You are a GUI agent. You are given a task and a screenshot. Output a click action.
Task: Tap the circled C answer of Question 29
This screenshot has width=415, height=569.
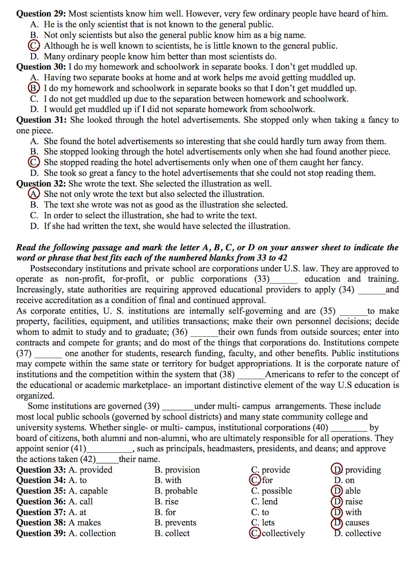coord(34,46)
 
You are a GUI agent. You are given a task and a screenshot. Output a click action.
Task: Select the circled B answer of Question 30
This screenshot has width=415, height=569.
coord(34,88)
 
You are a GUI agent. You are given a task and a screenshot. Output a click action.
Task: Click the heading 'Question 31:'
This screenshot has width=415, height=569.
coord(41,120)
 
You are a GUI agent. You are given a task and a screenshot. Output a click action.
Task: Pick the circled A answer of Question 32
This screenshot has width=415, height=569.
coord(34,194)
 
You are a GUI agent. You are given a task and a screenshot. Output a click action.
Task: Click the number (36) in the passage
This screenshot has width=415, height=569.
coord(180,332)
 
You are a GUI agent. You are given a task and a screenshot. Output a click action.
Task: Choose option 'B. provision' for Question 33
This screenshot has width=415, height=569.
coord(177,470)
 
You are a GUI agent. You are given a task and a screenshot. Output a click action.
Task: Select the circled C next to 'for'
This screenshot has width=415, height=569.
coord(255,480)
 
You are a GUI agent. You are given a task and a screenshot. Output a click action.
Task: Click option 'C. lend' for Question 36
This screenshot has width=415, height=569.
coord(264,501)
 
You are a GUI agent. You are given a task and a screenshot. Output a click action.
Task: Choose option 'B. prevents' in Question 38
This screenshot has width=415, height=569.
coord(175,522)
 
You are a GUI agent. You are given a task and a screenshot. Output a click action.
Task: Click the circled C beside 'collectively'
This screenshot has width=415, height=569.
coord(255,533)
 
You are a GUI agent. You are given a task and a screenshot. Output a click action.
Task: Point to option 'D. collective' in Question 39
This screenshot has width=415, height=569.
coord(358,533)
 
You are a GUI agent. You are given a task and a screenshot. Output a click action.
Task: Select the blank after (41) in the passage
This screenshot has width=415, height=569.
coord(109,449)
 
